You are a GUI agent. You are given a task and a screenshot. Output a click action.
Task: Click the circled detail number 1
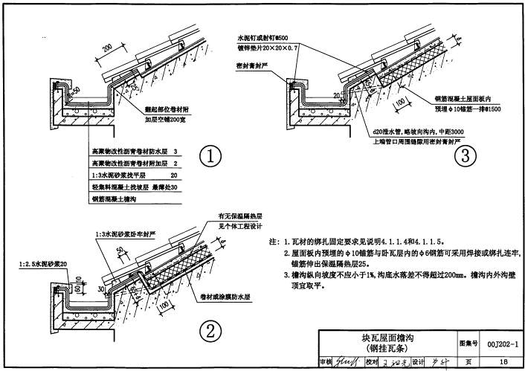click(212, 158)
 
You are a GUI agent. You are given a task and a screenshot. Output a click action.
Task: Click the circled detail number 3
click(466, 157)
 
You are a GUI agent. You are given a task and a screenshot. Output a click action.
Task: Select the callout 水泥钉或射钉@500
click(265, 35)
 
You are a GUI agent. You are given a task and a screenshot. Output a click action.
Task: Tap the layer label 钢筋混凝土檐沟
click(115, 199)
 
